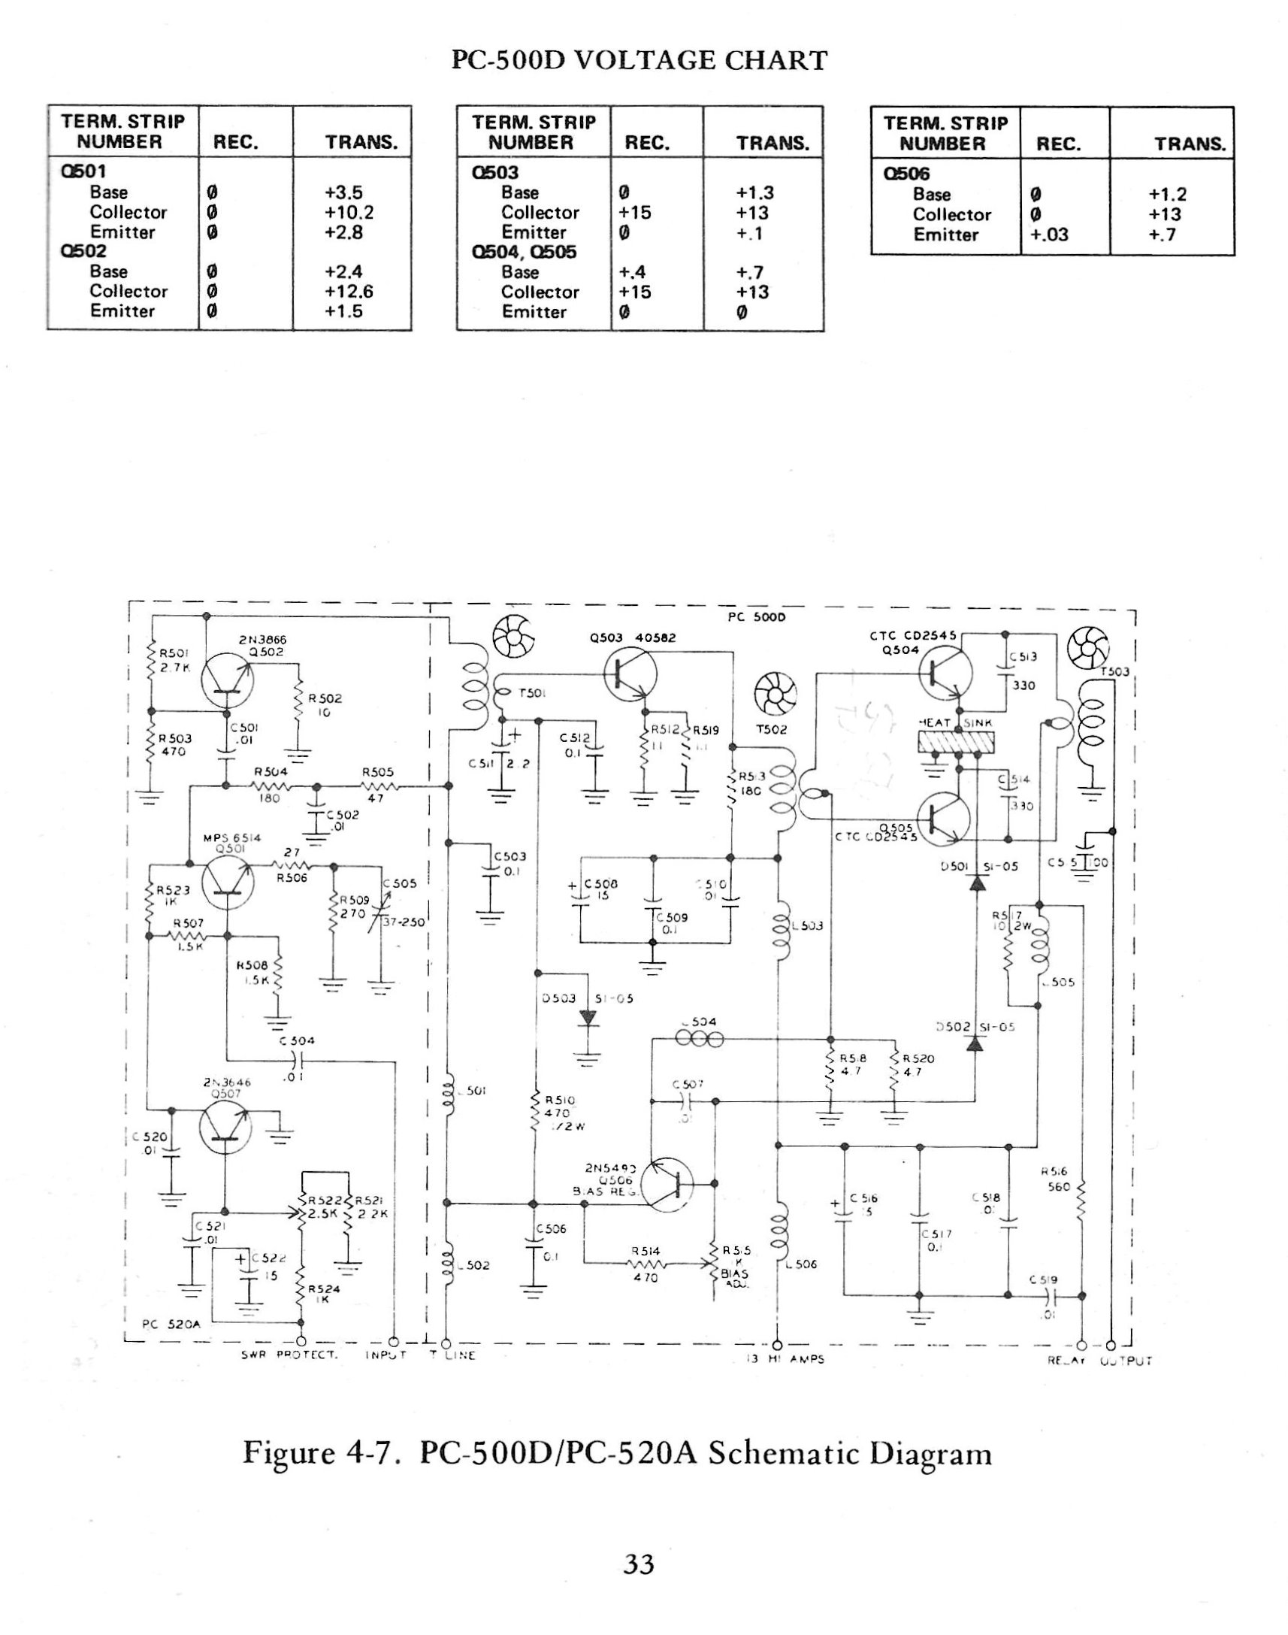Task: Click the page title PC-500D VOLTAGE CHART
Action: pos(639,59)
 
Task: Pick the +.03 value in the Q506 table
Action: pos(1050,235)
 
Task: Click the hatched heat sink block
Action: pos(957,745)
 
